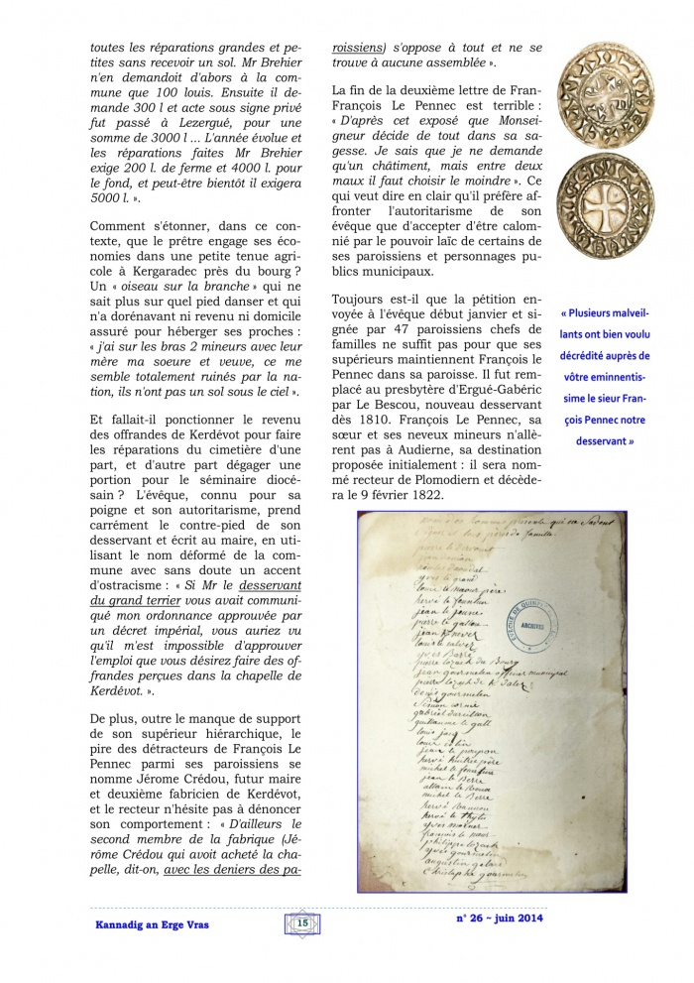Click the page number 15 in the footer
point(302,923)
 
